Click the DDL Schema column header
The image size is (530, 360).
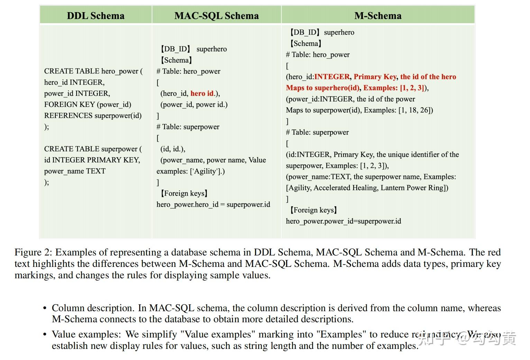point(95,16)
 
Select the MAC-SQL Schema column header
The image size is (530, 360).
point(216,16)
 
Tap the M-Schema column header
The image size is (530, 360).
point(378,16)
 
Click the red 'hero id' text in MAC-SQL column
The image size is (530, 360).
point(202,93)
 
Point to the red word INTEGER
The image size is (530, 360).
point(332,77)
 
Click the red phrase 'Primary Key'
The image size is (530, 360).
point(375,77)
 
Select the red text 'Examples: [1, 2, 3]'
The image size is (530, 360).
point(394,88)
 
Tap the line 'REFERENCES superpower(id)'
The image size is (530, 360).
point(93,116)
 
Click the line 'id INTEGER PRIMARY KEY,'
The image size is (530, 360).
point(92,160)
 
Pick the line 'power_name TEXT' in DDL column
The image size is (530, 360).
point(75,171)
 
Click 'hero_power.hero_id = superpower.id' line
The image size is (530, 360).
point(213,205)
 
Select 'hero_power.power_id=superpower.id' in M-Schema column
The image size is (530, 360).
point(344,221)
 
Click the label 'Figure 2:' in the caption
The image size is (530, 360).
point(33,252)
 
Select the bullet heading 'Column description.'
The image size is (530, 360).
point(93,308)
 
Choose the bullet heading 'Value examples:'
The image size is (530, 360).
point(86,334)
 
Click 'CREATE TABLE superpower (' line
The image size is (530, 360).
point(93,149)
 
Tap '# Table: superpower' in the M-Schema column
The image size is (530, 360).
point(317,132)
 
